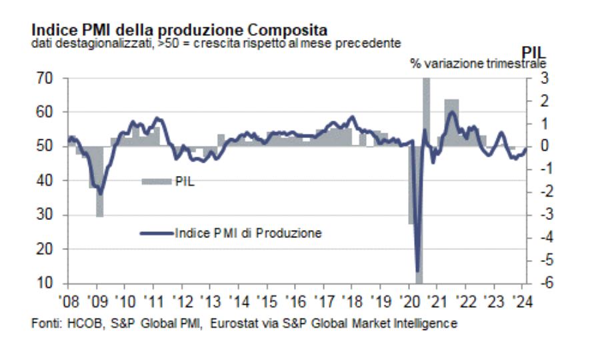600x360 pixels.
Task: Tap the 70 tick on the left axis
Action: click(43, 78)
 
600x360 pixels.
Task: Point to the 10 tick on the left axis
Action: click(43, 283)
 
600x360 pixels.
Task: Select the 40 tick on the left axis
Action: click(43, 181)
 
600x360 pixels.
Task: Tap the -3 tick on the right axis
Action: click(542, 215)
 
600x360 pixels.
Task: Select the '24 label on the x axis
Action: click(522, 298)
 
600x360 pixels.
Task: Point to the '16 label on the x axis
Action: click(295, 298)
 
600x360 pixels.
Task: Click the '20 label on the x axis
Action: click(409, 298)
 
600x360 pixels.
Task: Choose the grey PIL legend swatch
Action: click(156, 181)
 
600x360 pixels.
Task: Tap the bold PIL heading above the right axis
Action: click(533, 50)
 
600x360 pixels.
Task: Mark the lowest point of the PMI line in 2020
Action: click(418, 271)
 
